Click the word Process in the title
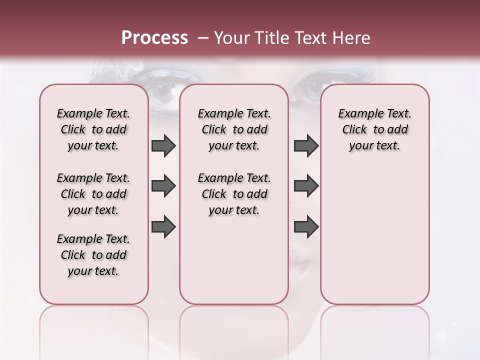point(154,37)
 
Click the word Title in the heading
point(271,37)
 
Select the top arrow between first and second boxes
point(163,145)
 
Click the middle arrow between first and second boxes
point(163,186)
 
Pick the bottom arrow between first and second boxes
point(163,227)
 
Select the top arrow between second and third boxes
point(306,145)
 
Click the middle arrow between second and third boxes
point(306,186)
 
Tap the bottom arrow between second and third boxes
point(306,227)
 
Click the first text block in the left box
point(93,129)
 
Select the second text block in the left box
point(93,194)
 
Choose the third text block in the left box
point(93,255)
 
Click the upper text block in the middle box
point(234,129)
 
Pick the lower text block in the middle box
point(234,194)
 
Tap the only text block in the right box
point(374,129)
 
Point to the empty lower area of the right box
point(374,235)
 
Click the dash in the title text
point(202,37)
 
